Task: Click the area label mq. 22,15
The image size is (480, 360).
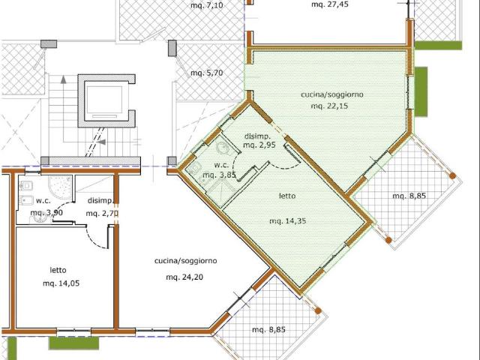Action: pyautogui.click(x=330, y=106)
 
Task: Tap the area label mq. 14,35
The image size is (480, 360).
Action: pyautogui.click(x=287, y=220)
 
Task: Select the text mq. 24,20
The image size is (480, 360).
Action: pyautogui.click(x=184, y=277)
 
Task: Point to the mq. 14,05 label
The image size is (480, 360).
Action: pyautogui.click(x=61, y=283)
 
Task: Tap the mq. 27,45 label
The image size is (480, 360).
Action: pyautogui.click(x=330, y=4)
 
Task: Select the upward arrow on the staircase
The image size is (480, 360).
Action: pyautogui.click(x=63, y=79)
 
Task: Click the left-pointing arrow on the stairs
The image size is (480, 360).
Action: pyautogui.click(x=102, y=142)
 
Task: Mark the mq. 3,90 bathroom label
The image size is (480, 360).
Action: pyautogui.click(x=46, y=212)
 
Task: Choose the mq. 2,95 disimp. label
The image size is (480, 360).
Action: pyautogui.click(x=259, y=145)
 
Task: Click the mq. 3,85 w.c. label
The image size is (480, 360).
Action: pyautogui.click(x=219, y=175)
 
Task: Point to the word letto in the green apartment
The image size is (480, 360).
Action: pyautogui.click(x=287, y=196)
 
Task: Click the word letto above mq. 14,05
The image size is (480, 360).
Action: pyautogui.click(x=58, y=270)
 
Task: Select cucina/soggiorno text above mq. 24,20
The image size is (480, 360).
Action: pyautogui.click(x=185, y=261)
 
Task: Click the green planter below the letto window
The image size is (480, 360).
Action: pyautogui.click(x=74, y=343)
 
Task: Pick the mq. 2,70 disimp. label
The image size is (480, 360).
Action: pyautogui.click(x=102, y=213)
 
